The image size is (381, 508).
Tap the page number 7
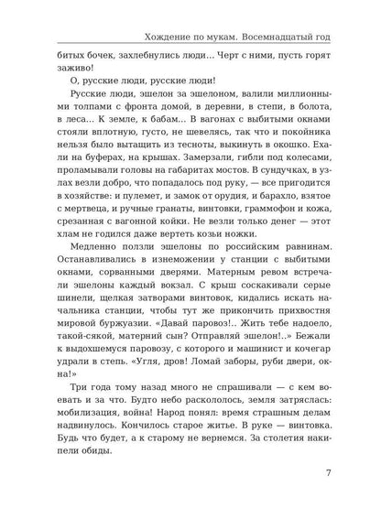point(342,472)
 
